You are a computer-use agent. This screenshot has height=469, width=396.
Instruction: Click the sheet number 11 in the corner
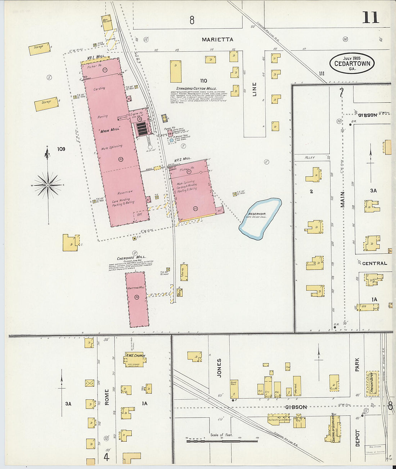[370, 17]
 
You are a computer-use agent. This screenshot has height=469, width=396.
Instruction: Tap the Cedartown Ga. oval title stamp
[352, 63]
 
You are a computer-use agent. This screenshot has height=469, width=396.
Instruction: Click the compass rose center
[48, 185]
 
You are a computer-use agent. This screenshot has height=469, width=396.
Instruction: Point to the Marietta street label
[217, 40]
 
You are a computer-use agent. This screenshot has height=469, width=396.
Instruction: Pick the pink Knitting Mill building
[137, 299]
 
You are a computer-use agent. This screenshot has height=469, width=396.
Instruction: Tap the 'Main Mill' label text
[110, 130]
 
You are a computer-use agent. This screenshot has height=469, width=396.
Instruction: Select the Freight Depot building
[372, 383]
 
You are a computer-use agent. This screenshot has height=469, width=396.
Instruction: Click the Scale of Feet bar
[222, 440]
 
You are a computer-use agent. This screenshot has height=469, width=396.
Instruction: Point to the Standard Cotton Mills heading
[196, 88]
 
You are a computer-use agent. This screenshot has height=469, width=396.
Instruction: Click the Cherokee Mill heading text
[131, 257]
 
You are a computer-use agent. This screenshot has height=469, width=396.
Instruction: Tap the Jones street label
[219, 368]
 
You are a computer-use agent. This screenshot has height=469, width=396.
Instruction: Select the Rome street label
[107, 397]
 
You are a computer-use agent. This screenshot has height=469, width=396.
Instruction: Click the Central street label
[374, 263]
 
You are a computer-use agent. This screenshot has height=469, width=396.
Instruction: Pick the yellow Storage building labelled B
[46, 104]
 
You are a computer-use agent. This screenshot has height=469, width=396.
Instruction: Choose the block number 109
[61, 149]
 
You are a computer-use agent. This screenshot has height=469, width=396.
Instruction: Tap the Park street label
[357, 364]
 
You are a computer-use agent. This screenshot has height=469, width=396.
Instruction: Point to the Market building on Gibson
[297, 386]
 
